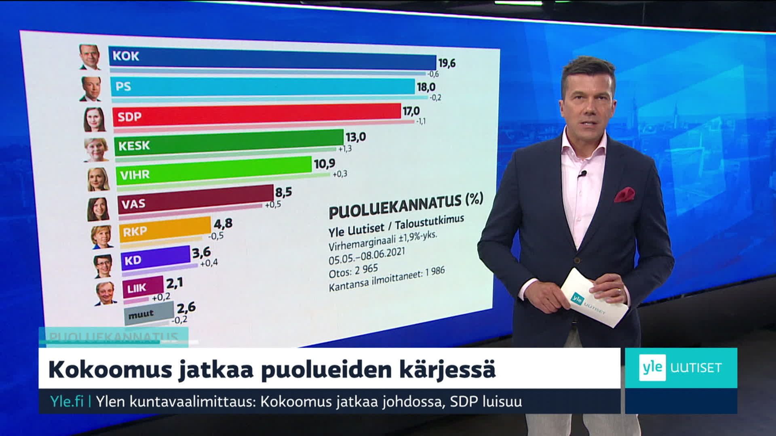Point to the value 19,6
tap(447, 63)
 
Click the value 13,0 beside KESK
tap(356, 137)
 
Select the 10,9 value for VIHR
tap(325, 164)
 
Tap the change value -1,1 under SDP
tap(421, 121)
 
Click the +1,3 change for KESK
tap(345, 149)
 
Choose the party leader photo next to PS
tap(91, 89)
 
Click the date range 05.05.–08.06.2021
tap(366, 256)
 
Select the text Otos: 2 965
tap(353, 271)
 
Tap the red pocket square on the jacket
tap(624, 194)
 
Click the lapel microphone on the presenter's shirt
tap(582, 174)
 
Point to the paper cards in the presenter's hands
tap(594, 298)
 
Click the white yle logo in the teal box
tap(652, 367)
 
